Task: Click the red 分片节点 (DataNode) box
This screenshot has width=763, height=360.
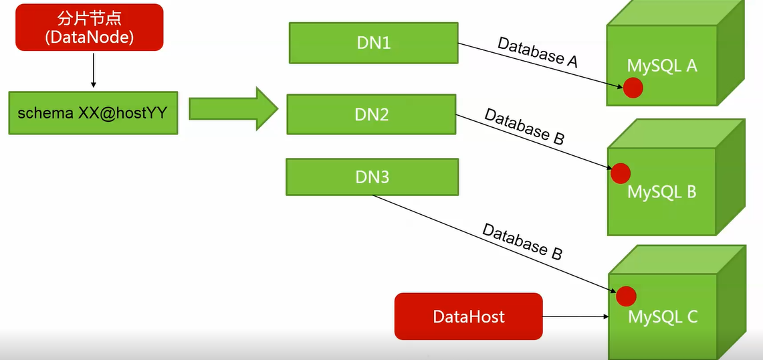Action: tap(90, 27)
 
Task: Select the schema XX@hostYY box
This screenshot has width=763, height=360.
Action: tap(93, 113)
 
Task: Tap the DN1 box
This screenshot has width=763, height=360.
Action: tap(373, 43)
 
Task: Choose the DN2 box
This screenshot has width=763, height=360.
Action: tap(371, 114)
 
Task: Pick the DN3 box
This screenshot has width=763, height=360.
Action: tap(372, 177)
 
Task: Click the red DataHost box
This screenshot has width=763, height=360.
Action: tap(468, 316)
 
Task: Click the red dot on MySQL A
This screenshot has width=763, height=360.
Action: tap(633, 88)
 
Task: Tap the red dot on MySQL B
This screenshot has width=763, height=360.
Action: tap(621, 173)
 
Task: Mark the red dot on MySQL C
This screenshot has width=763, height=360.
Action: tap(626, 296)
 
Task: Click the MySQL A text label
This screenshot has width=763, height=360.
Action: tap(662, 66)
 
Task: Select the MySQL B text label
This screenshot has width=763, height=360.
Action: tap(661, 192)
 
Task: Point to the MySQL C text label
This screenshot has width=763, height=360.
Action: tap(662, 317)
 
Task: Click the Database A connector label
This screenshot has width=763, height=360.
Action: tap(537, 52)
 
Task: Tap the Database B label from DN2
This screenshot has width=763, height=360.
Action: tap(524, 126)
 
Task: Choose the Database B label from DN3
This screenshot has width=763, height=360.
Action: tap(522, 242)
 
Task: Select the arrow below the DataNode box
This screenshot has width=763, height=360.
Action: tap(94, 70)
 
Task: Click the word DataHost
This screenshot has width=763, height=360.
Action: tap(468, 316)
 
